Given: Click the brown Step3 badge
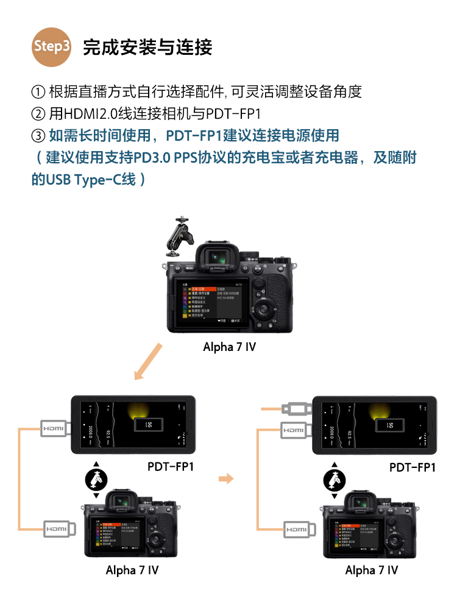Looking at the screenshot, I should (x=52, y=46).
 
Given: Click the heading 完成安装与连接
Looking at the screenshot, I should (x=147, y=47).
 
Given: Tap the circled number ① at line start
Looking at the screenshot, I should (x=38, y=92).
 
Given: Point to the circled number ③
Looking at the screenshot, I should (x=38, y=135).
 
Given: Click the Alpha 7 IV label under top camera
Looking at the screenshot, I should (x=229, y=347).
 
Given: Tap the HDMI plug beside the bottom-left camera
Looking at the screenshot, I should (x=59, y=529).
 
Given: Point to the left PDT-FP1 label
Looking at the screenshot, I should (x=171, y=467).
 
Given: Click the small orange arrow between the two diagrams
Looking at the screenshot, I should (x=226, y=479).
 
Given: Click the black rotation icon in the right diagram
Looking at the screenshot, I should (x=334, y=480).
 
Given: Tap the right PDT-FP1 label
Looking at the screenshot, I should (x=413, y=467).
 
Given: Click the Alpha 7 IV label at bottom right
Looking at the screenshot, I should (x=371, y=570).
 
